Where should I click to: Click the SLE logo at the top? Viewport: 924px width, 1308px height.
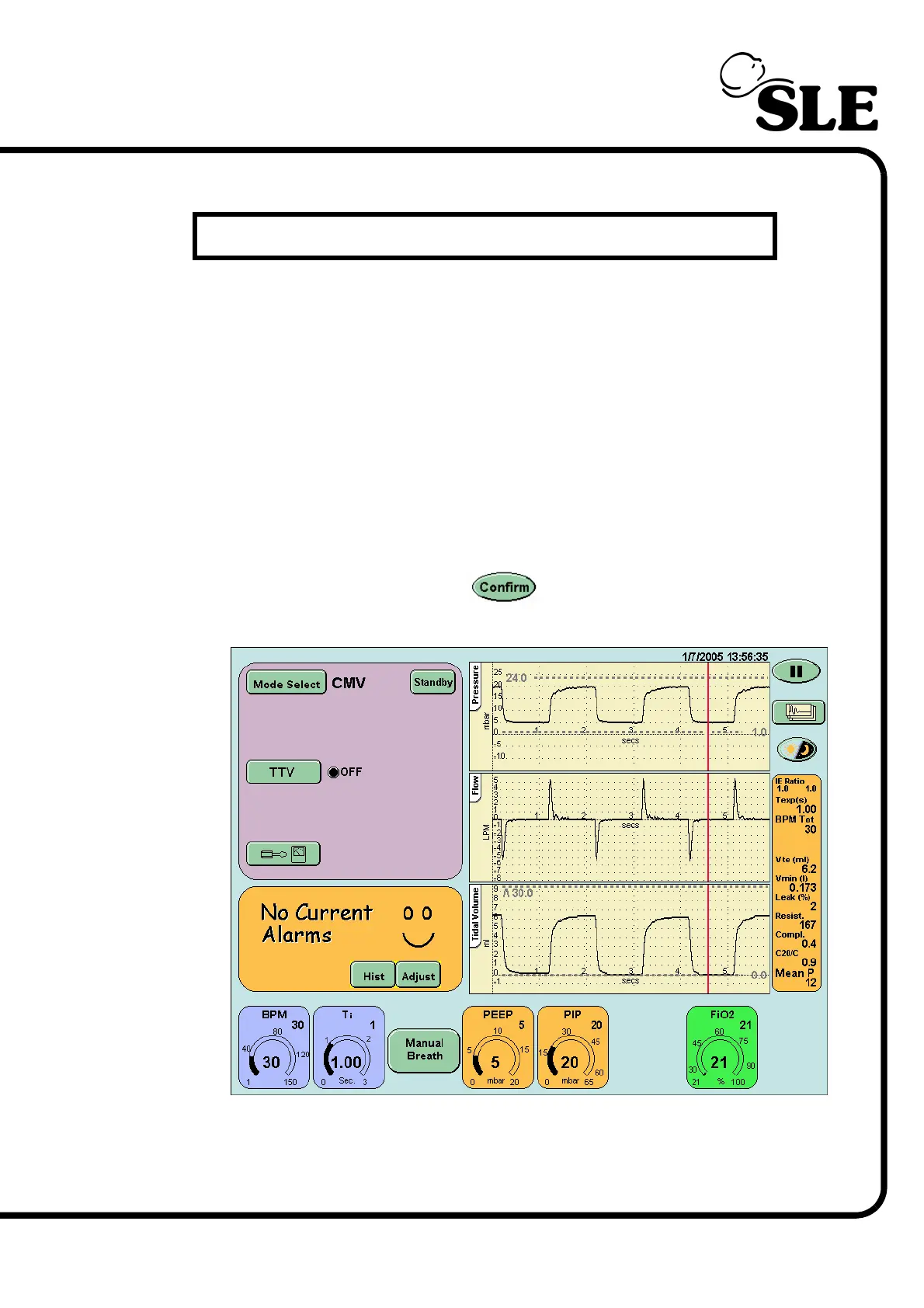800,93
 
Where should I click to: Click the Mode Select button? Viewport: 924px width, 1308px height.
287,684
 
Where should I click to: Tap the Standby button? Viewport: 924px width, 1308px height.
432,682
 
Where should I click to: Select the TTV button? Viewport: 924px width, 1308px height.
283,772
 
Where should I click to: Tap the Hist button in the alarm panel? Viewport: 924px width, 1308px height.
373,976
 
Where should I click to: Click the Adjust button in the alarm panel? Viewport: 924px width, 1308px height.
419,976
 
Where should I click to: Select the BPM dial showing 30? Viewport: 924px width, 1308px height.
273,1049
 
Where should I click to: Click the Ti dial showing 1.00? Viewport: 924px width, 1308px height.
348,1049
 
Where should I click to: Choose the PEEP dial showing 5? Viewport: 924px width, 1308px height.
498,1049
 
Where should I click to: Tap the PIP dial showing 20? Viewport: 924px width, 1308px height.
572,1049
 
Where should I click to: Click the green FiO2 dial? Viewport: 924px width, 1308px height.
721,1049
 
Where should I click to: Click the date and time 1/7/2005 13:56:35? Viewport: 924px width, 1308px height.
724,656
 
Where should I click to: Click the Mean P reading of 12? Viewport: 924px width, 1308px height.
796,977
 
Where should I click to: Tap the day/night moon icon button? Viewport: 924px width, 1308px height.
797,750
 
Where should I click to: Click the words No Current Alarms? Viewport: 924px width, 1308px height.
316,924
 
